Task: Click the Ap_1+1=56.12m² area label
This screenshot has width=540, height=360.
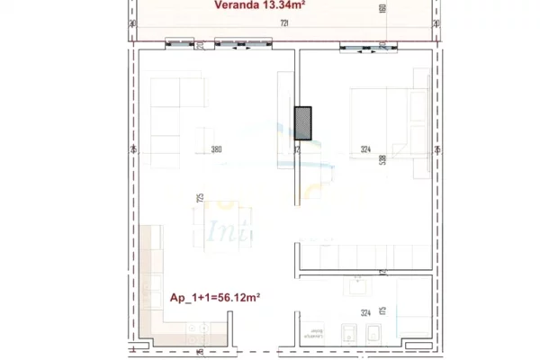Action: (215, 297)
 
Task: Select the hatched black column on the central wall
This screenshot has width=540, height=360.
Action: (306, 123)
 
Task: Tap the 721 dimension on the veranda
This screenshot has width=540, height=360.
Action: (284, 22)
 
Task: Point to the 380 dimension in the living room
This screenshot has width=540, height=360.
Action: (215, 150)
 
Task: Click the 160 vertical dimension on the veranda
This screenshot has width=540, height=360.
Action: (383, 9)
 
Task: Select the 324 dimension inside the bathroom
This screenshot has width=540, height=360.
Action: (365, 312)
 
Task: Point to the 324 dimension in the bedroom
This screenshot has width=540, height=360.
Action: (364, 150)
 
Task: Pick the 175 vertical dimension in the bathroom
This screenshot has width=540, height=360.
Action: (382, 310)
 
